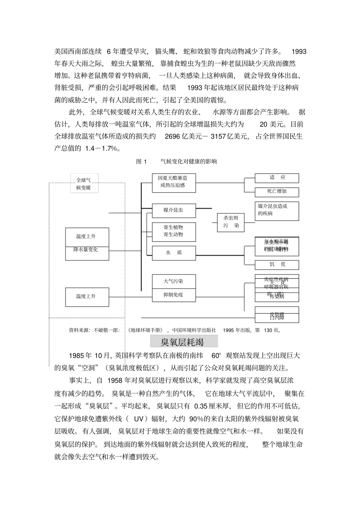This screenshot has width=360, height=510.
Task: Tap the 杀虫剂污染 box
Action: (x=231, y=222)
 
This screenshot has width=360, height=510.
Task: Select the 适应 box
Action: (x=277, y=178)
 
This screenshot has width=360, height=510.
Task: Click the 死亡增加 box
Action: (x=277, y=192)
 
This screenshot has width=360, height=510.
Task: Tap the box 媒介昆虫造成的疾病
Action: (x=277, y=210)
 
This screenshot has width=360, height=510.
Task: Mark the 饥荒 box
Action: (x=277, y=264)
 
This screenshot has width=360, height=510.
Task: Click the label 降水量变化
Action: (x=86, y=250)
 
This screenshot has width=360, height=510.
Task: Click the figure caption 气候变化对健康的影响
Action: (x=188, y=162)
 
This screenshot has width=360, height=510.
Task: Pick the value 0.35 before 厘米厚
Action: (x=200, y=406)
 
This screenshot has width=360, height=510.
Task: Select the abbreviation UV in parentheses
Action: (x=139, y=419)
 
